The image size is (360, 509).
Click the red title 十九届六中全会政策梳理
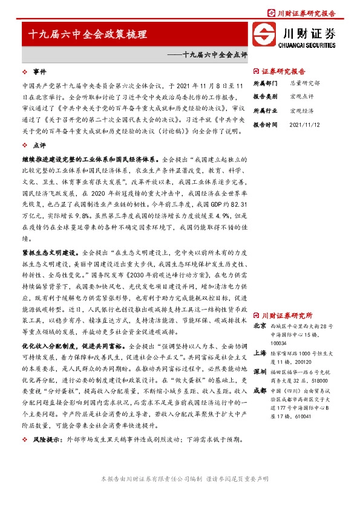click(x=88, y=35)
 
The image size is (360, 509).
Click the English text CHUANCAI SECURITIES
click(x=307, y=44)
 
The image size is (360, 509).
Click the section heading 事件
click(x=39, y=71)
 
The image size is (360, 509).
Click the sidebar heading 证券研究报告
click(x=284, y=71)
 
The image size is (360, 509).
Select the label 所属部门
click(x=264, y=82)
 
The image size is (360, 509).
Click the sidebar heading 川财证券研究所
click(x=287, y=316)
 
